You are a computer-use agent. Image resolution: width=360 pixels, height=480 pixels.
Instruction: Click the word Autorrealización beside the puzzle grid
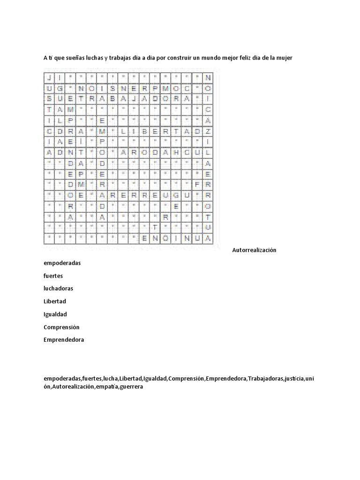pos(254,250)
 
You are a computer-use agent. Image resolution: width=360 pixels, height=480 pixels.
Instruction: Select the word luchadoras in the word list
pos(58,288)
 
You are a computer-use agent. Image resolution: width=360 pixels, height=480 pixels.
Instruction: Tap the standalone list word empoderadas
pos(62,263)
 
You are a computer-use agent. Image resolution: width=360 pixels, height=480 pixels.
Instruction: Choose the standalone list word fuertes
pos(53,276)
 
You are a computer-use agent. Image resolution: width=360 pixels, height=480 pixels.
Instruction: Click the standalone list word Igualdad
pos(55,314)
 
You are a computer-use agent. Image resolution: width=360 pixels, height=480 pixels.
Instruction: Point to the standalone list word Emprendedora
pos(64,340)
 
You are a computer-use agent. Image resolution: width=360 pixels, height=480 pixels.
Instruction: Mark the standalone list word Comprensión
pos(61,327)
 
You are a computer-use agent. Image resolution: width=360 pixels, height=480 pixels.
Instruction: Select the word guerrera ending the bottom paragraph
pos(131,387)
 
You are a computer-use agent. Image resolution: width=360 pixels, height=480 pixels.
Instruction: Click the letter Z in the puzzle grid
pos(208,131)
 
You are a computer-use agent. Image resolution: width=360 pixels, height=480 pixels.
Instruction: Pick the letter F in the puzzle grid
pos(197,184)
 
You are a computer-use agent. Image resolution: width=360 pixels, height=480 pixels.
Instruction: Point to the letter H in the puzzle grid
pos(176,152)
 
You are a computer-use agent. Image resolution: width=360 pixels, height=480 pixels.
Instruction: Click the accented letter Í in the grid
pos(81,142)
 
